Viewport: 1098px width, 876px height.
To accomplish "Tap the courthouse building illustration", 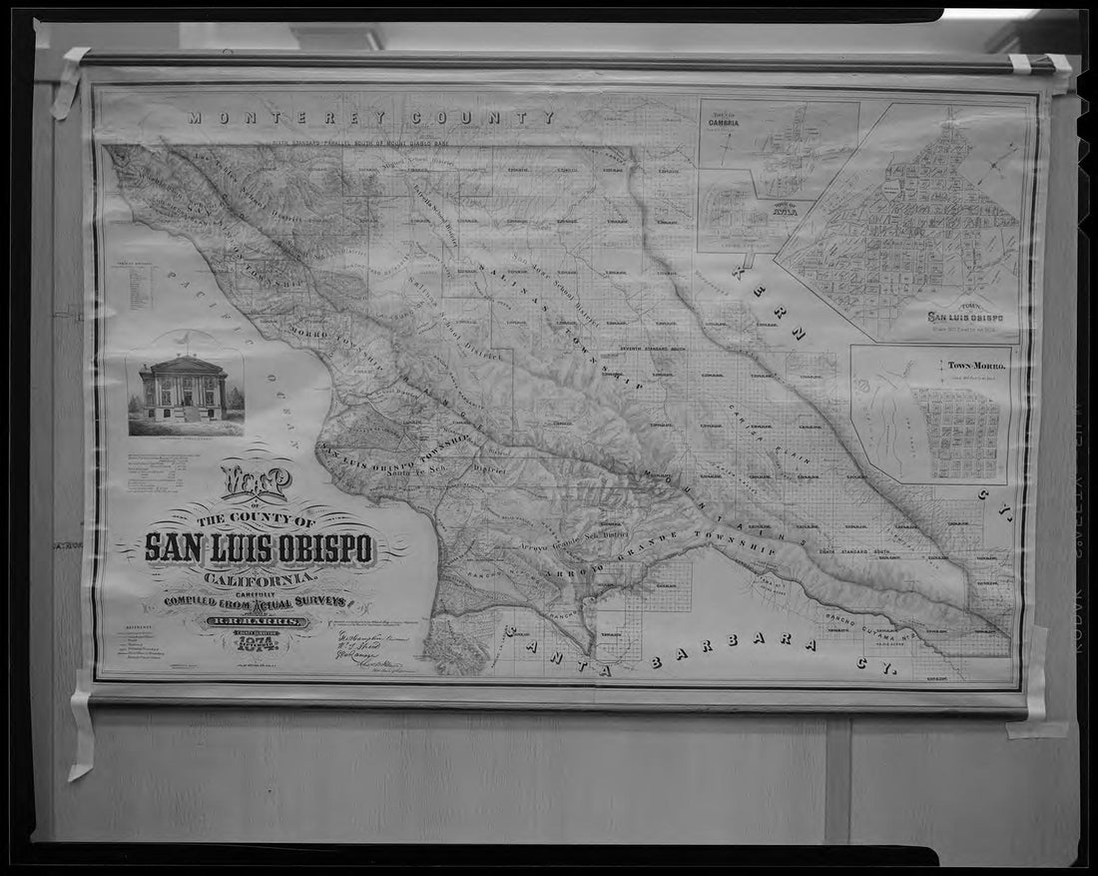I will (184, 389).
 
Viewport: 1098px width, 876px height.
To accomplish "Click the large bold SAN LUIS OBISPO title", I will (259, 547).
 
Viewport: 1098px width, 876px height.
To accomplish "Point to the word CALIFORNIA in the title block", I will (261, 578).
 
